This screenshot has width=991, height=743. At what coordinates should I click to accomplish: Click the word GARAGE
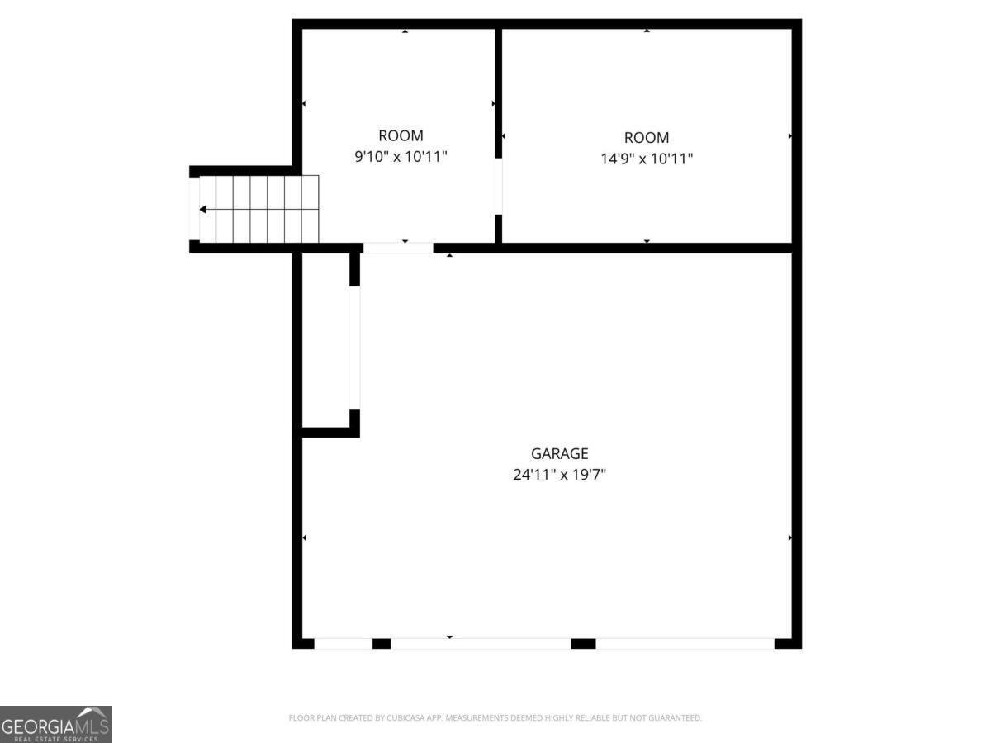pos(559,453)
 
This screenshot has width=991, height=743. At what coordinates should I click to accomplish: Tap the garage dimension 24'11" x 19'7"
pos(559,475)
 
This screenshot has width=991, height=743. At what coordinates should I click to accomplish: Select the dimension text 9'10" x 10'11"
pos(401,157)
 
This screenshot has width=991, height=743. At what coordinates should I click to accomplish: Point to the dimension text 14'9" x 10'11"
pos(646,159)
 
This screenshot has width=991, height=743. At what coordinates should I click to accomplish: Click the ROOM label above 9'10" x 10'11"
pos(401,136)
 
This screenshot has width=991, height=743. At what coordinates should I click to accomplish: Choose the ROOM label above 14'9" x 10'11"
pos(646,138)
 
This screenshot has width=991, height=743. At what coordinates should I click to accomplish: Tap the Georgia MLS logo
pos(55,724)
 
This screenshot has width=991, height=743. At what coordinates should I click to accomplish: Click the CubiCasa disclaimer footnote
pos(495,718)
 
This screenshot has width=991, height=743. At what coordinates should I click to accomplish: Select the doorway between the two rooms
pos(498,186)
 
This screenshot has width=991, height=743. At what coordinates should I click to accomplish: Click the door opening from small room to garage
pos(398,247)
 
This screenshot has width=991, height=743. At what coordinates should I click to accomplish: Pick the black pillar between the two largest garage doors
pos(583,643)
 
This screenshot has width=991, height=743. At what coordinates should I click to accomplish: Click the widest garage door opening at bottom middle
pos(480,643)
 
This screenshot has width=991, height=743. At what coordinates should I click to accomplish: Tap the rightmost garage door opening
pos(685,643)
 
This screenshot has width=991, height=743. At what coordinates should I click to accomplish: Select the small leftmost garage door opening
pos(343,643)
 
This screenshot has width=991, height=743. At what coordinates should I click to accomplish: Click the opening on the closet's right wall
pos(354,347)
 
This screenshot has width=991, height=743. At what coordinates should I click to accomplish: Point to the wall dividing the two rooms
pos(498,91)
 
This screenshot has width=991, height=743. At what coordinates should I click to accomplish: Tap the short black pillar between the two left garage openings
pos(381,643)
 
